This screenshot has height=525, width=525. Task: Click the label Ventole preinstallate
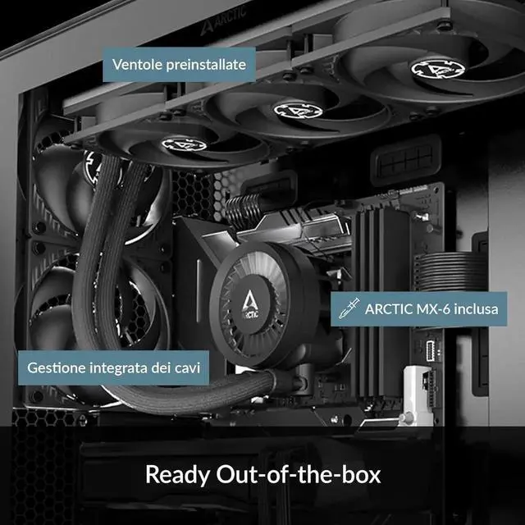(x=180, y=64)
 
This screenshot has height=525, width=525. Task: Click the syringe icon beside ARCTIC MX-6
(x=348, y=309)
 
